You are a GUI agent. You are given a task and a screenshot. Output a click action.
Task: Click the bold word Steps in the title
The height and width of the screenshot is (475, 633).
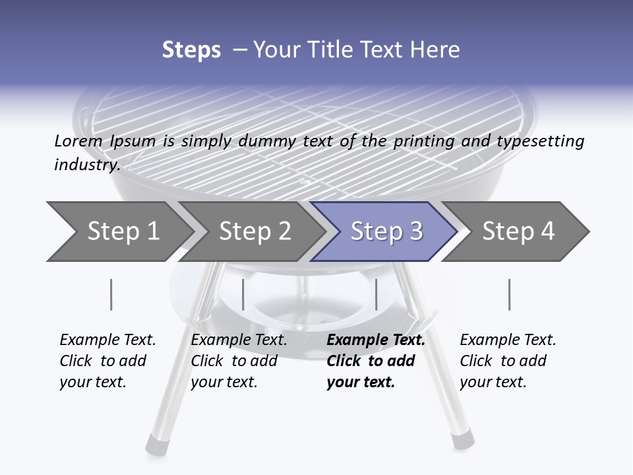click(191, 50)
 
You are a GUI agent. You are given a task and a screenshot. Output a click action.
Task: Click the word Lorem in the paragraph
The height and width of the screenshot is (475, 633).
click(78, 141)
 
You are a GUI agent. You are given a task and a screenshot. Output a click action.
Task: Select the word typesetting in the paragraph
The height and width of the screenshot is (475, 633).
click(545, 142)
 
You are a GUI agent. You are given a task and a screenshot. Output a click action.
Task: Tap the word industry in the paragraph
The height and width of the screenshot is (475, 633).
click(86, 164)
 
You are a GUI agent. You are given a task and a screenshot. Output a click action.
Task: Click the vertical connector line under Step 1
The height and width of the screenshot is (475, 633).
click(111, 294)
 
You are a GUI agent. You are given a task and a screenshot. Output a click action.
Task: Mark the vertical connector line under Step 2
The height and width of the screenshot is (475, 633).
click(243, 294)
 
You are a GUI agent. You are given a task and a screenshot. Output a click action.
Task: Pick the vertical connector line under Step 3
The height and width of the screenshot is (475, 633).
click(376, 294)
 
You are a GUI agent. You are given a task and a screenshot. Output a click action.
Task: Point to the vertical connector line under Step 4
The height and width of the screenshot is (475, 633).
click(509, 294)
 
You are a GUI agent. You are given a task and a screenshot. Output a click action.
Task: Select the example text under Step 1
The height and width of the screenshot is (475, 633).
click(107, 361)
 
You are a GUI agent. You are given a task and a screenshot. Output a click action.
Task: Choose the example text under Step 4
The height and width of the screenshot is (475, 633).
click(507, 361)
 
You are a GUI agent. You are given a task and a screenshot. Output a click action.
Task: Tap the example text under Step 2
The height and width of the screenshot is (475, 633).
click(238, 361)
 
